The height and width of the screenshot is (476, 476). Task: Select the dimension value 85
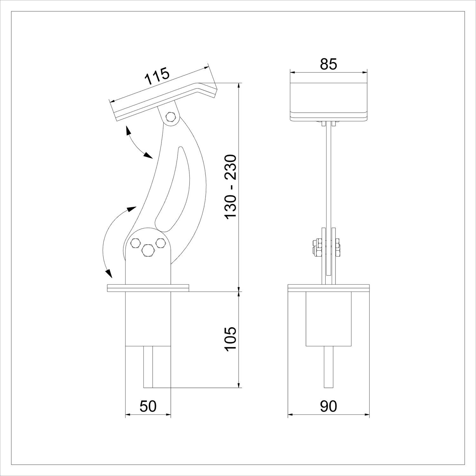click(328, 64)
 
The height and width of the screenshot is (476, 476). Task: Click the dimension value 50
click(148, 407)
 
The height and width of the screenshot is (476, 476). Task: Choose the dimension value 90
click(328, 407)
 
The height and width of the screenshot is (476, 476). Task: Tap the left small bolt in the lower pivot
click(135, 243)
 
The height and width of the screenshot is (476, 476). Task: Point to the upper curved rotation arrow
click(138, 143)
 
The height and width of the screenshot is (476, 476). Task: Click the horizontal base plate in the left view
click(148, 288)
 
